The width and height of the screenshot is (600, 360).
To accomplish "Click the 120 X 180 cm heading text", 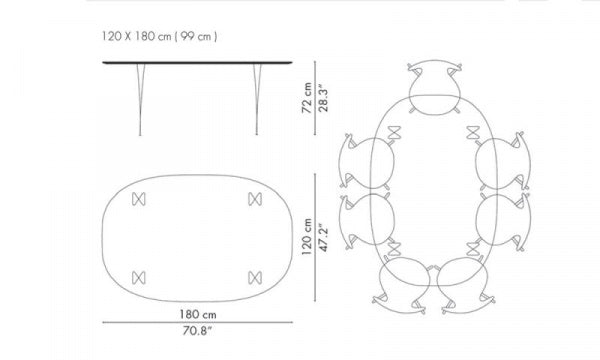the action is point(136,36).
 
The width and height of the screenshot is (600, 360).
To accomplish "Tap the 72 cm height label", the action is point(307,98).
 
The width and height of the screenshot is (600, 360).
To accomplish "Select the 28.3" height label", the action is point(323,99).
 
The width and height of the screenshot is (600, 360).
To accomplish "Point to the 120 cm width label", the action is point(307,237).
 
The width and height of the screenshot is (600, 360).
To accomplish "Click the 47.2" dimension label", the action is point(323,238).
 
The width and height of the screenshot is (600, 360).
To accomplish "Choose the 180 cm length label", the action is point(198,314).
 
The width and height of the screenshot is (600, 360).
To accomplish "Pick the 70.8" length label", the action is point(197,331).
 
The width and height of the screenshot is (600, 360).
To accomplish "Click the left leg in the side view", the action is point(140,99).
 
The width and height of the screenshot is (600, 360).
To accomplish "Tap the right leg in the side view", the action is point(257,99).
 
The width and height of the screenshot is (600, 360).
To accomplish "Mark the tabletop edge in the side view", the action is point(197,62).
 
